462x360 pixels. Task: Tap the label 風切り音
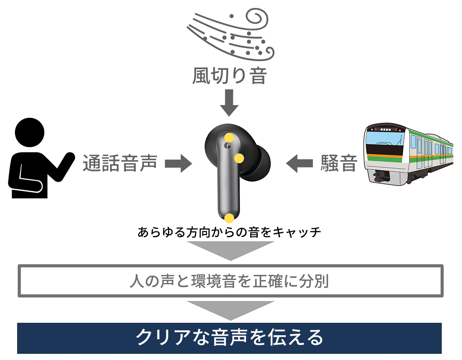(229, 76)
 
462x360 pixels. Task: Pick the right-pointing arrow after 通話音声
(179, 163)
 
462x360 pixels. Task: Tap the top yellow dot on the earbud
(229, 138)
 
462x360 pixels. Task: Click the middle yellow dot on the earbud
(239, 158)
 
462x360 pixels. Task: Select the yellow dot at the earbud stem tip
(229, 218)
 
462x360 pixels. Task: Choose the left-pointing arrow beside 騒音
(299, 163)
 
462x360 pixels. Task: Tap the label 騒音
(338, 163)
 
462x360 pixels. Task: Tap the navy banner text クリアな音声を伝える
(229, 338)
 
